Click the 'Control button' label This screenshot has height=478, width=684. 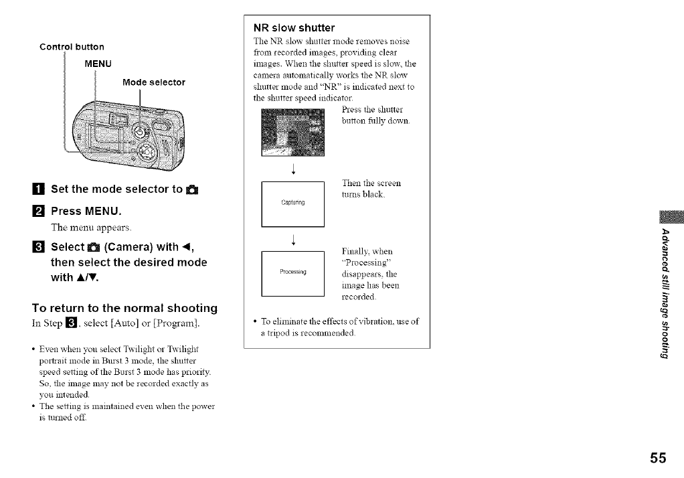(72, 47)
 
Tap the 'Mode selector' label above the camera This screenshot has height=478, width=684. (153, 83)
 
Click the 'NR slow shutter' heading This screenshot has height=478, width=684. (294, 28)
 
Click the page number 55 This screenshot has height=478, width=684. (657, 458)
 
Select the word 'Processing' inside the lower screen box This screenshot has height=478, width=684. (294, 273)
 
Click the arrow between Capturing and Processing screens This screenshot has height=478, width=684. (294, 239)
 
